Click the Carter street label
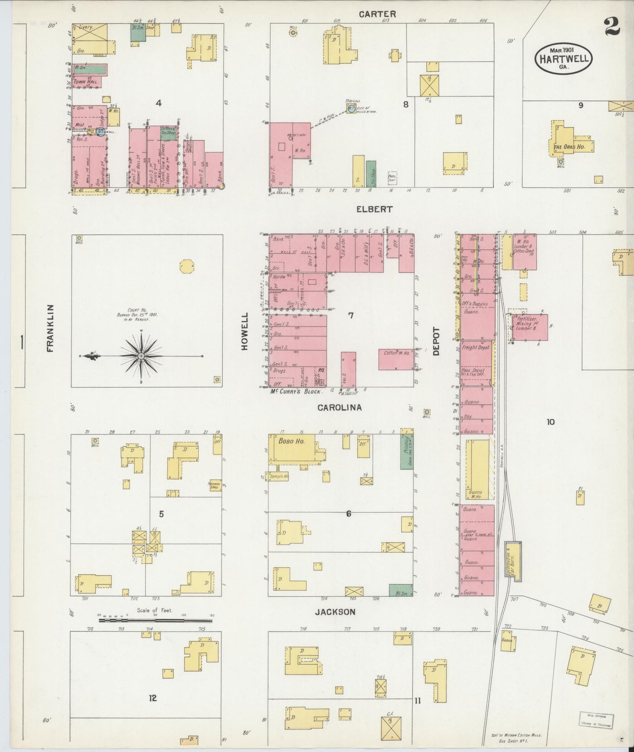(x=377, y=14)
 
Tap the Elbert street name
(x=374, y=209)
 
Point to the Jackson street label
(x=335, y=612)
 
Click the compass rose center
(x=141, y=356)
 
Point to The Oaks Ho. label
(x=569, y=147)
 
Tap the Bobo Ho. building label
(x=291, y=441)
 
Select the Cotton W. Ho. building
(x=396, y=359)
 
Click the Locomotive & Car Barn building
(x=513, y=561)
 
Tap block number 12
(x=152, y=698)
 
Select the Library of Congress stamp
(x=596, y=720)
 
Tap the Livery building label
(x=86, y=28)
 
